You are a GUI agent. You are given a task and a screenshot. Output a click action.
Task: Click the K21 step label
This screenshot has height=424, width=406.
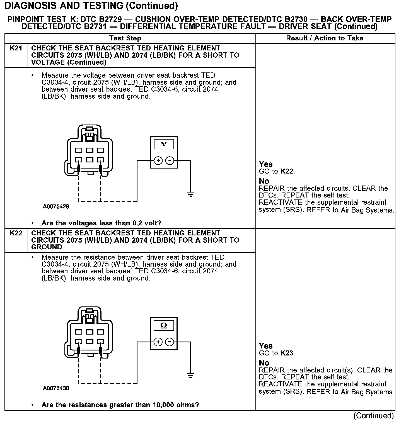click(16, 48)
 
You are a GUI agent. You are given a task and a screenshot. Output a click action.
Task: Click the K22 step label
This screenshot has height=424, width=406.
click(16, 233)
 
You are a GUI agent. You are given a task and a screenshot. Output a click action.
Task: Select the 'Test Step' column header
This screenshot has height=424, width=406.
click(125, 38)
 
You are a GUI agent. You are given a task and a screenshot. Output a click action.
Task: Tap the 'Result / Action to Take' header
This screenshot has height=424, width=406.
click(325, 38)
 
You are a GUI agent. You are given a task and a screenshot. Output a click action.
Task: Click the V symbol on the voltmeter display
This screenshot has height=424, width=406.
click(164, 144)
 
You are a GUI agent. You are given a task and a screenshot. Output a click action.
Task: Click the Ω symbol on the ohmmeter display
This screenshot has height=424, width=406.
click(164, 325)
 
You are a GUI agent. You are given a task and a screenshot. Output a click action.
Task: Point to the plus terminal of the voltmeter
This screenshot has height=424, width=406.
click(158, 161)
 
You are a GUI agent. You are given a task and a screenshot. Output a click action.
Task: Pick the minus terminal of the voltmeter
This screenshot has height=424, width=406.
click(170, 161)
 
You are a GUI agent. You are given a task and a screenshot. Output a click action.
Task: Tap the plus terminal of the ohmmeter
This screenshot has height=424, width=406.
click(158, 342)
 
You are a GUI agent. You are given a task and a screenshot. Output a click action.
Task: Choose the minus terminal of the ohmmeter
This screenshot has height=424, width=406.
click(170, 342)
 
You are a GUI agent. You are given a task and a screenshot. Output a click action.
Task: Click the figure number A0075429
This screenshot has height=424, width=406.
click(56, 207)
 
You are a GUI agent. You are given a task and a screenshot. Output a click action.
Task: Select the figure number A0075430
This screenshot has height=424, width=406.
click(56, 388)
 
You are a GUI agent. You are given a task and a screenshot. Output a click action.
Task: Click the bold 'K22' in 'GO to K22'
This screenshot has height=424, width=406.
click(287, 171)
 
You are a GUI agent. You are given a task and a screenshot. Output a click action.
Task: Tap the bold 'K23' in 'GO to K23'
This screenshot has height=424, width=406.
click(287, 353)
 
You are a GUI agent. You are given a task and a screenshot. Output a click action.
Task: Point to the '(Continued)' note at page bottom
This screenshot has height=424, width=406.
click(373, 416)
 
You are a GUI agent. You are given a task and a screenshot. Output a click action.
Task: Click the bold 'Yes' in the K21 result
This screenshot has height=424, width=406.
click(266, 164)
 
